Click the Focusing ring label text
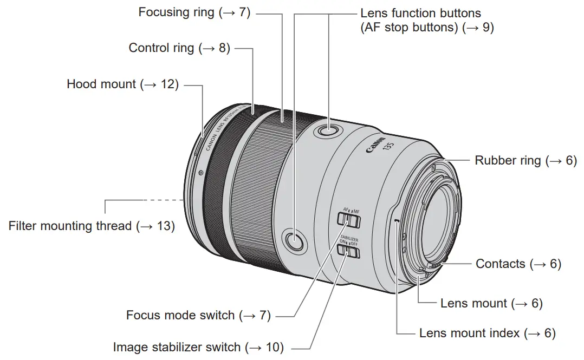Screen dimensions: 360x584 point(194,12)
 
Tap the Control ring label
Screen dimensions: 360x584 point(179,48)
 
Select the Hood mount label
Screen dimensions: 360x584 point(122,84)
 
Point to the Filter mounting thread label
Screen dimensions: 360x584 point(92,226)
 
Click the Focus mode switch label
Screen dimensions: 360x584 point(198,315)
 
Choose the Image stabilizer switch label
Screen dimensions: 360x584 point(198,347)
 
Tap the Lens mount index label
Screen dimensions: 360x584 point(487,333)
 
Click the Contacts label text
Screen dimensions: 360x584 point(518,264)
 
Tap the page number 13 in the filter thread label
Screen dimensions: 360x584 point(164,226)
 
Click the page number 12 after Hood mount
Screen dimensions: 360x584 point(169,84)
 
